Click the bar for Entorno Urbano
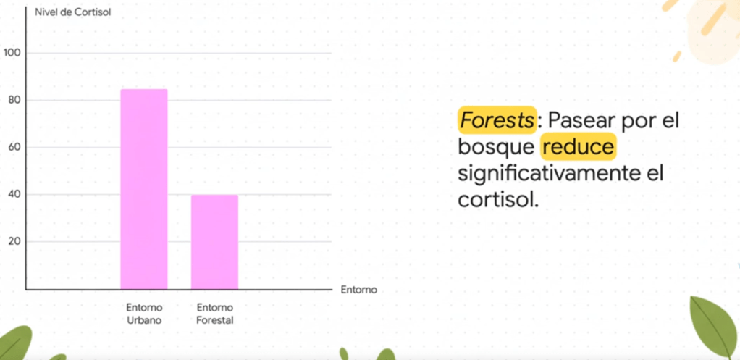pos(144,189)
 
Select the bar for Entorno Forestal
pos(215,242)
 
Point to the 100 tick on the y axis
pos(12,53)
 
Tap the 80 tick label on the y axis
pos(14,100)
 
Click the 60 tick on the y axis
pos(14,147)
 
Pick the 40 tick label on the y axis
pos(14,194)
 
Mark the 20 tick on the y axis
pos(14,242)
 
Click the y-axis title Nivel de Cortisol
pos(73,13)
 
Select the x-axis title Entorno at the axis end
pos(359,290)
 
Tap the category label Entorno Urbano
pos(144,314)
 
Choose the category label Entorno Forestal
pos(215,314)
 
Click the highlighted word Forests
pos(497,121)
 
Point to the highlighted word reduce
pos(579,147)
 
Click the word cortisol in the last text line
pos(498,200)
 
